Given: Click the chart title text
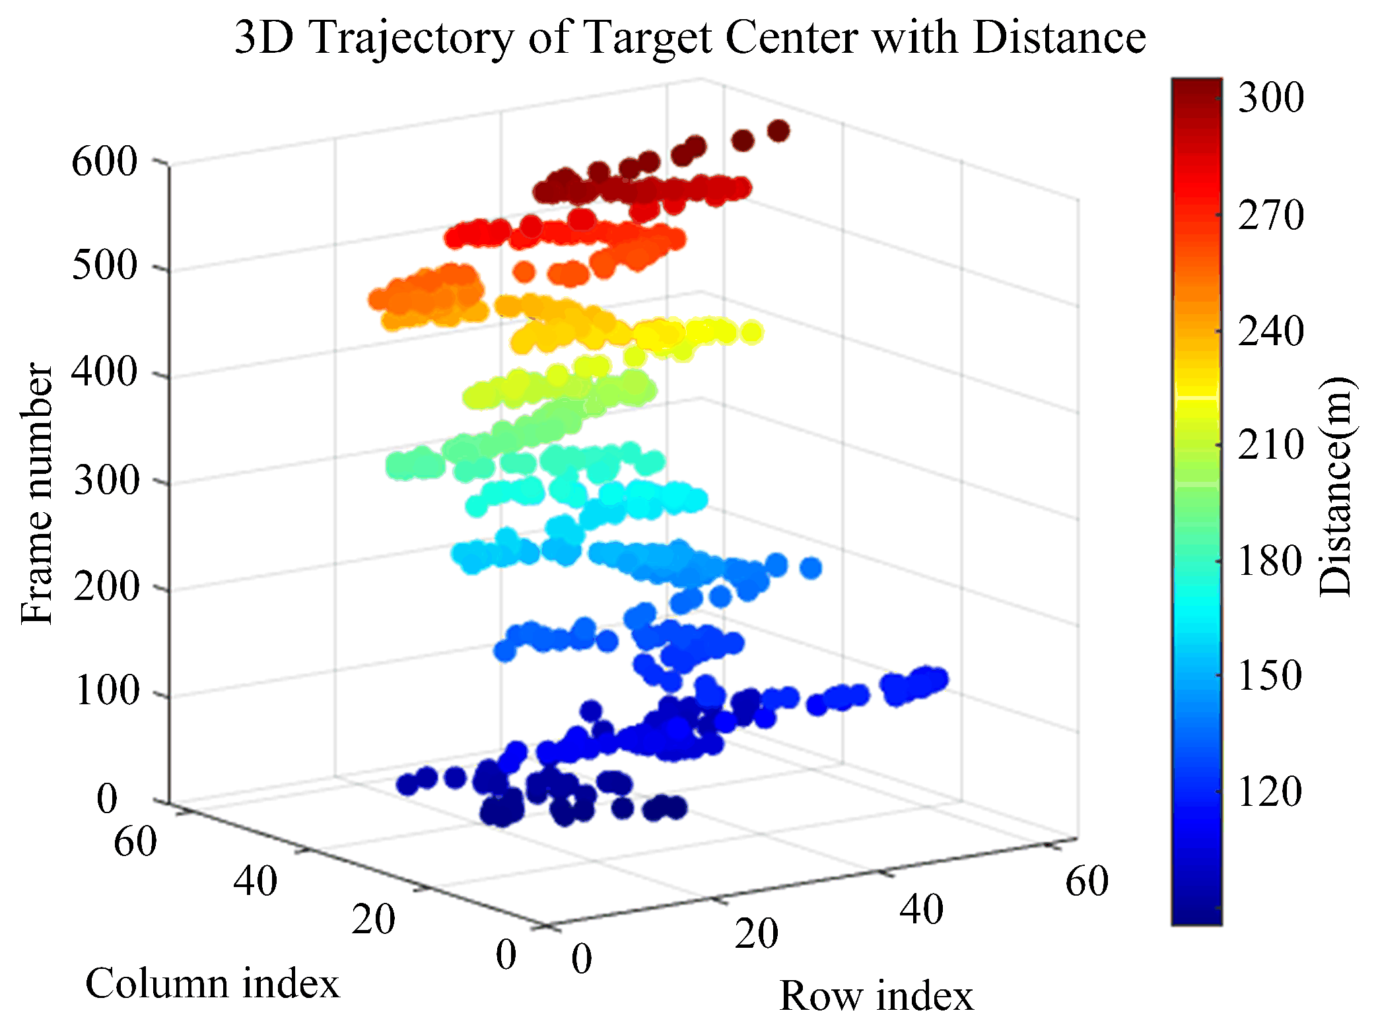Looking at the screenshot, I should pyautogui.click(x=690, y=38).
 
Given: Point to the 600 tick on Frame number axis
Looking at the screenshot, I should pyautogui.click(x=104, y=161).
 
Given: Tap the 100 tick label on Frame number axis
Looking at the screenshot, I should pyautogui.click(x=107, y=692).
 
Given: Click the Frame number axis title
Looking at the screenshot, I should pyautogui.click(x=36, y=493).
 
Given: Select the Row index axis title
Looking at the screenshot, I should pyautogui.click(x=876, y=995).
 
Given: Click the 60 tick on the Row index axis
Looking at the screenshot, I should pyautogui.click(x=1087, y=881).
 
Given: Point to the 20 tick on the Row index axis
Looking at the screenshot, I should pyautogui.click(x=757, y=934).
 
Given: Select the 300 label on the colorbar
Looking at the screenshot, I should pyautogui.click(x=1270, y=98).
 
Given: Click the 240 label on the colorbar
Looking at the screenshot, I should pyautogui.click(x=1270, y=331).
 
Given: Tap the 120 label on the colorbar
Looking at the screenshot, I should pyautogui.click(x=1270, y=791).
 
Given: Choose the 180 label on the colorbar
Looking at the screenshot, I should pyautogui.click(x=1270, y=561).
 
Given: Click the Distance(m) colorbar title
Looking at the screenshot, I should pyautogui.click(x=1335, y=487).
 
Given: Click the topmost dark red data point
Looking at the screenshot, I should pyautogui.click(x=778, y=131).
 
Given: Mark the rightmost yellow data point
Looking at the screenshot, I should pyautogui.click(x=751, y=333).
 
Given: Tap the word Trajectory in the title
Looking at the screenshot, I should pyautogui.click(x=411, y=39).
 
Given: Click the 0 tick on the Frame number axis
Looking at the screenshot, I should pyautogui.click(x=107, y=799).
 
